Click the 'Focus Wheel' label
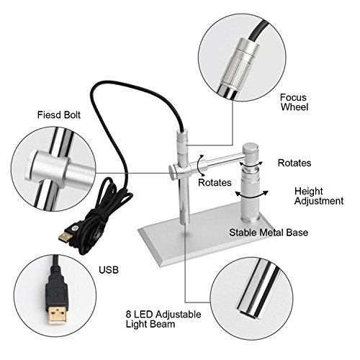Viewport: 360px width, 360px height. point(294,102)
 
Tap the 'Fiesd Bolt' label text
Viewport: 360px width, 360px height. point(59,114)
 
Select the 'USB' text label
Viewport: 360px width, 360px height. point(109,270)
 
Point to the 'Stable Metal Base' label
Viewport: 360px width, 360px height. point(269,233)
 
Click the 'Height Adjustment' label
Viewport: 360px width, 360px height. point(319,196)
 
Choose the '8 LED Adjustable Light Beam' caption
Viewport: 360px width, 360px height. point(163,319)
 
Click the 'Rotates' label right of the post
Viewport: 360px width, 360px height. point(294,163)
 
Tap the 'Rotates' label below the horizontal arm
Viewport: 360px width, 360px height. point(215,182)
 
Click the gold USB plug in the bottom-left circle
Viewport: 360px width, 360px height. point(57,314)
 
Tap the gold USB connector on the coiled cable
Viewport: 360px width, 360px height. point(65,236)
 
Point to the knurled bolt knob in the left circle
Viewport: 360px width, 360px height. point(30,166)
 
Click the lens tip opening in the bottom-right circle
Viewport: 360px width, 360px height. point(248,312)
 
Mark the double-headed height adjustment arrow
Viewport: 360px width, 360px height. point(251,195)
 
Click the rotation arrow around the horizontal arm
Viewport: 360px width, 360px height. point(199,166)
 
